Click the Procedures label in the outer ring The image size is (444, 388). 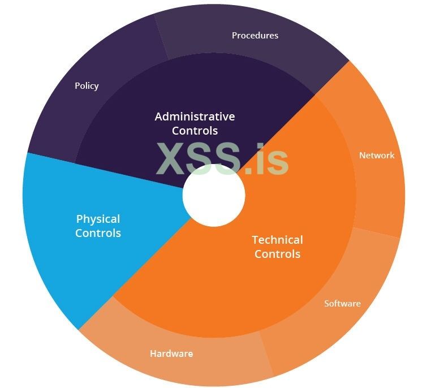[x=255, y=35]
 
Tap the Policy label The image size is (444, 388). [x=87, y=86]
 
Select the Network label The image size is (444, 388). [x=377, y=155]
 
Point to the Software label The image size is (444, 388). [x=342, y=304]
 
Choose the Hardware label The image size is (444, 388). [x=171, y=353]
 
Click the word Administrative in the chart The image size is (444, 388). [x=195, y=117]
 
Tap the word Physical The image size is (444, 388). [x=98, y=219]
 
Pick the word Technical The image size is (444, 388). [x=277, y=240]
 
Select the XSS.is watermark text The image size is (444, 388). [x=222, y=158]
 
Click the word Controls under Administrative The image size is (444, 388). [x=195, y=131]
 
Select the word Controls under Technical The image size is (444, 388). [x=277, y=254]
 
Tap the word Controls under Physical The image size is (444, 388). [x=98, y=233]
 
